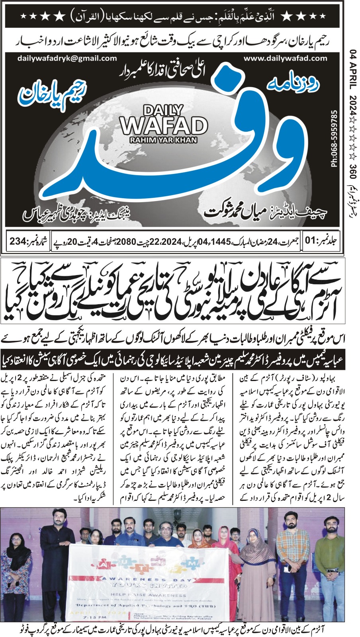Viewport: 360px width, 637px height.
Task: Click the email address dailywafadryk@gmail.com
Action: (67, 58)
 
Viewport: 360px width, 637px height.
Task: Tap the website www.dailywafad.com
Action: (285, 58)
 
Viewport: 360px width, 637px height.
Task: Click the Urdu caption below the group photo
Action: (180, 630)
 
